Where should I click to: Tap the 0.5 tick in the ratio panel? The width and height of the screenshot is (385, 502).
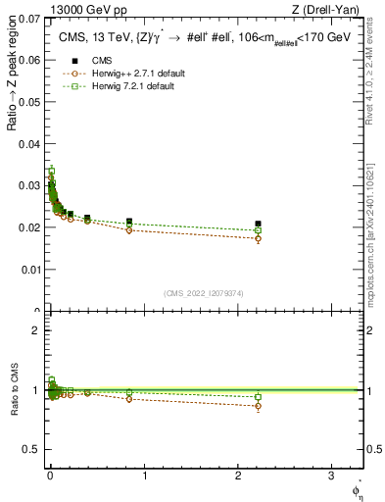34,450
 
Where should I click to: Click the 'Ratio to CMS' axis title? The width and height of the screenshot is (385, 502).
14,390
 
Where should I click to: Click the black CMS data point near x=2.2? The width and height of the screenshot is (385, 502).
258,224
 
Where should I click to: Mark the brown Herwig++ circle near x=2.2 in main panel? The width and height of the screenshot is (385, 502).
258,238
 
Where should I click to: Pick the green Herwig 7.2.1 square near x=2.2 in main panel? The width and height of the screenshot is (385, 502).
258,230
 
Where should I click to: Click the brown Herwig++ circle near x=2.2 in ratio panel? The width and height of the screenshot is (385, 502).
258,406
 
